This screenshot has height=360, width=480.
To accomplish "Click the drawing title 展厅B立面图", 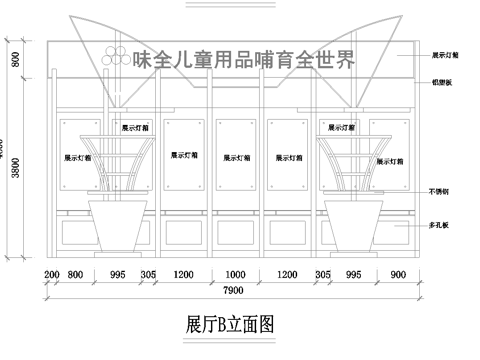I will point(229,324).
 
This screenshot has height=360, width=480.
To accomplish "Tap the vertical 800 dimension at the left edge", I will point(15,59).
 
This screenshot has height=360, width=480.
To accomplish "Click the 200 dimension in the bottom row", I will point(52,273).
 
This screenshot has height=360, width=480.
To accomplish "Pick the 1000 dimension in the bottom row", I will point(235,273).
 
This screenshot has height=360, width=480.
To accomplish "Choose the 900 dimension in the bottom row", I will point(397,273).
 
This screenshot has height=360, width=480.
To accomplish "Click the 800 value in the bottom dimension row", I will point(77,273).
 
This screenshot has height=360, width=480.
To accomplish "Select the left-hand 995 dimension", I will point(117,273).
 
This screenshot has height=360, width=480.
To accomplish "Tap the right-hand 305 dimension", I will point(323,273).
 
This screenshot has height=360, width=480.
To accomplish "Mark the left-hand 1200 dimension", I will point(183,273).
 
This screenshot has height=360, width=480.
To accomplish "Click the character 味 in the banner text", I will point(146,60).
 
